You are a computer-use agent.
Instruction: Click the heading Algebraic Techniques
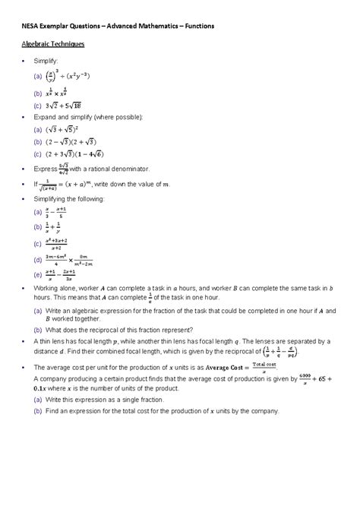[52, 45]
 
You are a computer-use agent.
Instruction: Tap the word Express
[44, 169]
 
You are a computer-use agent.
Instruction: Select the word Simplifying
[50, 198]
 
